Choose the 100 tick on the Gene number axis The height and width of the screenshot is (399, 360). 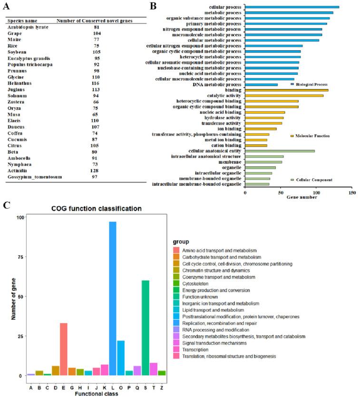click(x=316, y=193)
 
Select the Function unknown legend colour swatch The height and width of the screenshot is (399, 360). click(x=176, y=297)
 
